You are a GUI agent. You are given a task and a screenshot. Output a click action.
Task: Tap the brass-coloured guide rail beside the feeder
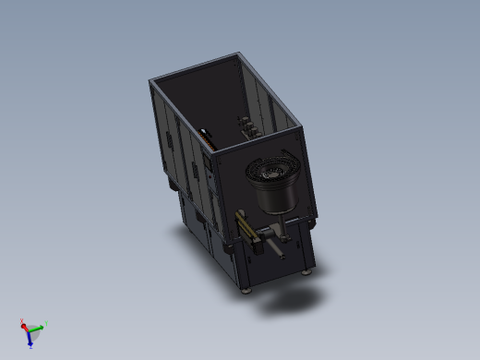[246, 224]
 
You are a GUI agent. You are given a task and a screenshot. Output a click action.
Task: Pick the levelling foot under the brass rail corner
[246, 290]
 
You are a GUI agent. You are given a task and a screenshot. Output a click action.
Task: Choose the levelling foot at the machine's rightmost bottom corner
[309, 272]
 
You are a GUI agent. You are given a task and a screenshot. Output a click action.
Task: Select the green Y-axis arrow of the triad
[39, 328]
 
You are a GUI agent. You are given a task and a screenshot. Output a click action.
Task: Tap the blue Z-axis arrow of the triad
[30, 340]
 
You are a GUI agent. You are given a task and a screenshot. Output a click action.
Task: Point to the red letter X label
[21, 321]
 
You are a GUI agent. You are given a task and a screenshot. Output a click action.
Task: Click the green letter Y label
[46, 323]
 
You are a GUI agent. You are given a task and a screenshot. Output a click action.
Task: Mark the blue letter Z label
[30, 346]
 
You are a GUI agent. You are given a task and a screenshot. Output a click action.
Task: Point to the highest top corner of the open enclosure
[241, 53]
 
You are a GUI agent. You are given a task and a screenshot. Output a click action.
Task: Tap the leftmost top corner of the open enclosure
[150, 82]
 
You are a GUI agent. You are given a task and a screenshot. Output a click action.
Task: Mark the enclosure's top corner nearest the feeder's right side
[300, 127]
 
